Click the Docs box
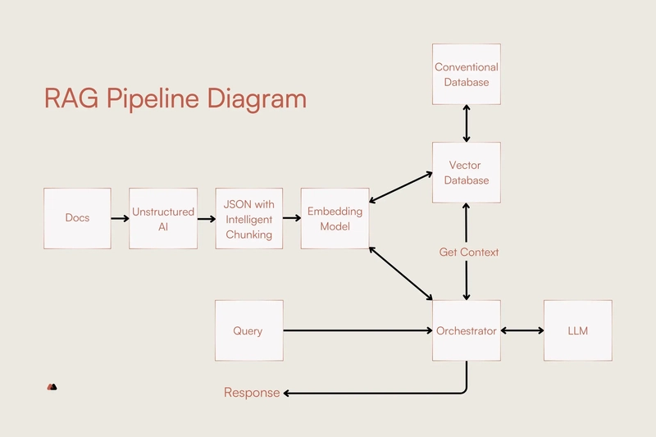click(x=77, y=218)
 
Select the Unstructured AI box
click(x=163, y=218)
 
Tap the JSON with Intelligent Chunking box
click(x=248, y=218)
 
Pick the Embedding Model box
click(x=335, y=218)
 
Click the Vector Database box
click(x=467, y=173)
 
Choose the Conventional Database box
click(x=467, y=74)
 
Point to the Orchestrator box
click(x=467, y=330)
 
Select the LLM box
click(x=578, y=330)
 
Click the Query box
click(x=248, y=330)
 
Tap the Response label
click(x=252, y=393)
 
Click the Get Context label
click(x=469, y=252)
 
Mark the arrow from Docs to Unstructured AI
click(x=120, y=218)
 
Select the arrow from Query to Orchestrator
click(x=358, y=330)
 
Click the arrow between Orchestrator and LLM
click(x=522, y=330)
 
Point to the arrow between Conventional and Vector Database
click(x=467, y=123)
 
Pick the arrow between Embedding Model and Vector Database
click(x=401, y=188)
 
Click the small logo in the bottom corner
click(x=52, y=386)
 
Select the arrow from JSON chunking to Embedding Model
click(x=291, y=218)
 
